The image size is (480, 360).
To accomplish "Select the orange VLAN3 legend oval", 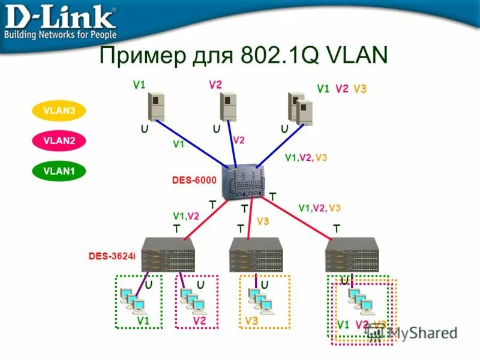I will tap(59, 110).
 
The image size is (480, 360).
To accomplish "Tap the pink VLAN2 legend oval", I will tap(59, 140).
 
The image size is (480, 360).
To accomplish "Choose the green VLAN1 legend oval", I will tap(59, 170).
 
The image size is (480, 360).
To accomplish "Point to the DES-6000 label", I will tap(194, 179).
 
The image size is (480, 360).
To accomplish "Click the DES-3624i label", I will tap(112, 256).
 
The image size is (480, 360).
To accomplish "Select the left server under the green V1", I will tap(156, 107).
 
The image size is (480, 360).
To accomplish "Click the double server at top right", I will tap(300, 109).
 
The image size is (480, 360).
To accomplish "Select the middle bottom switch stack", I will tap(256, 255).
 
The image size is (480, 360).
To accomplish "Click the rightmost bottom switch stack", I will tap(352, 255).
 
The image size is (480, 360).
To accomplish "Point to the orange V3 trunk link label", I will tap(263, 221).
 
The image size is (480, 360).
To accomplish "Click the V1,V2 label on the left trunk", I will tap(186, 216).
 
